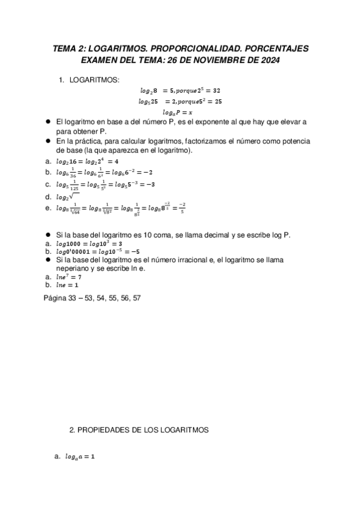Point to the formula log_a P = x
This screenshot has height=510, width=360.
[180, 112]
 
